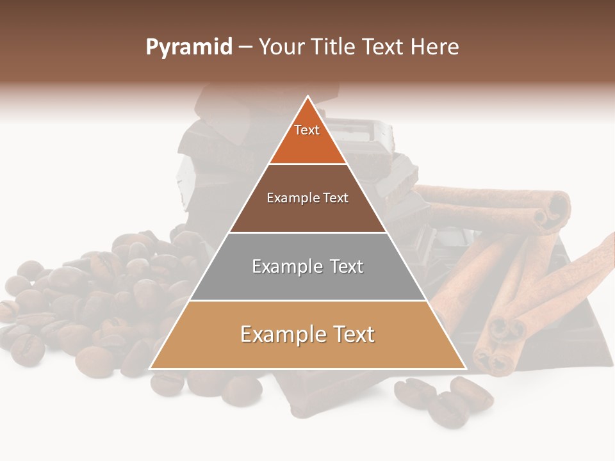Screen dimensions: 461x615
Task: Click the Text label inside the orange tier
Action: (x=307, y=130)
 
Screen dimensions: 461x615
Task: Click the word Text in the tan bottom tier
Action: (x=353, y=334)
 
